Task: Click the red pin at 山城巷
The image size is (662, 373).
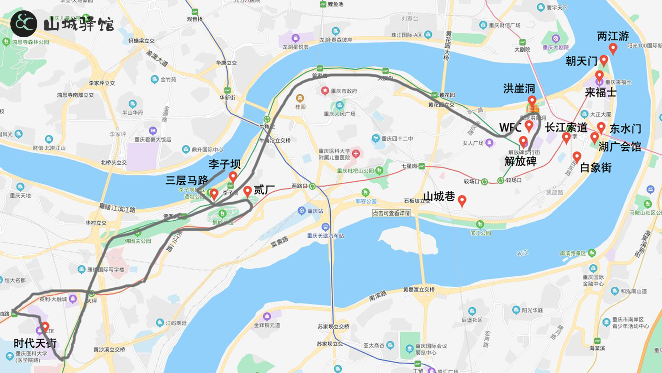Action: (x=462, y=200)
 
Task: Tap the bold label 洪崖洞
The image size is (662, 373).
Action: (x=519, y=89)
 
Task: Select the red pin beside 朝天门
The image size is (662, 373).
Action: (x=603, y=60)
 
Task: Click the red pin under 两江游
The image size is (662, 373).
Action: (x=613, y=48)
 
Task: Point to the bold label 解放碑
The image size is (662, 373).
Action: (x=520, y=161)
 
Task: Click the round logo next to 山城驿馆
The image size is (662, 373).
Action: (x=24, y=24)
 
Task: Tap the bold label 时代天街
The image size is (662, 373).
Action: (x=35, y=343)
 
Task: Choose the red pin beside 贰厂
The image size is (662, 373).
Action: (x=247, y=191)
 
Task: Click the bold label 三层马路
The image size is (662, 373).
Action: (x=187, y=180)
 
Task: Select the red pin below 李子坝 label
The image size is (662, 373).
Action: (x=233, y=176)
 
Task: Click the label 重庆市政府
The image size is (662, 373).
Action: (x=344, y=91)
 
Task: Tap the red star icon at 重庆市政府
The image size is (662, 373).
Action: (x=325, y=91)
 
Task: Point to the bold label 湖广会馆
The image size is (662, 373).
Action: (x=620, y=147)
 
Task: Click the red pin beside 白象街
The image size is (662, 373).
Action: (x=577, y=157)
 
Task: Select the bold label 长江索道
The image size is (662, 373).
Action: (x=566, y=127)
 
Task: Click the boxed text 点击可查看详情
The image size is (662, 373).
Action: (x=391, y=213)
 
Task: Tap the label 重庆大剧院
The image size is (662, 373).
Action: (x=556, y=47)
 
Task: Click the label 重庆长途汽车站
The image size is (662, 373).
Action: (x=325, y=236)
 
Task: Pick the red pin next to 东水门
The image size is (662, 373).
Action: (x=601, y=127)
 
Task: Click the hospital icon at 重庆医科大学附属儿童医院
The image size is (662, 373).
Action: (x=356, y=154)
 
